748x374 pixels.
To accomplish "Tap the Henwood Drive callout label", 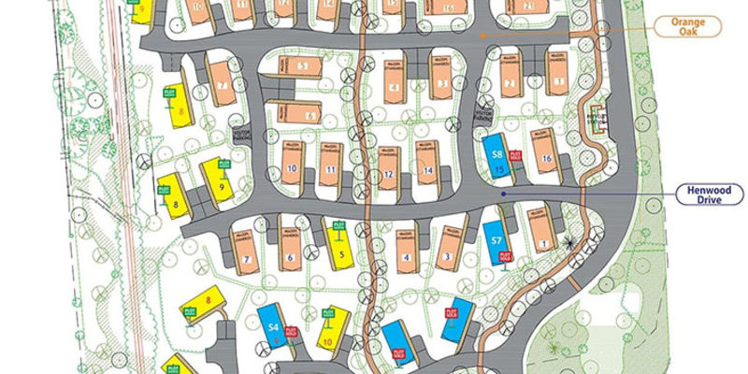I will (710, 194).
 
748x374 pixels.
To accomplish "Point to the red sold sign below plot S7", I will (507, 255).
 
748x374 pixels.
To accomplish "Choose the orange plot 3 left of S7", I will (449, 245).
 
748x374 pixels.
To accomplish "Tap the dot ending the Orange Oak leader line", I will (482, 36).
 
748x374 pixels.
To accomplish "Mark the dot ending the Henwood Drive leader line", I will (503, 194).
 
